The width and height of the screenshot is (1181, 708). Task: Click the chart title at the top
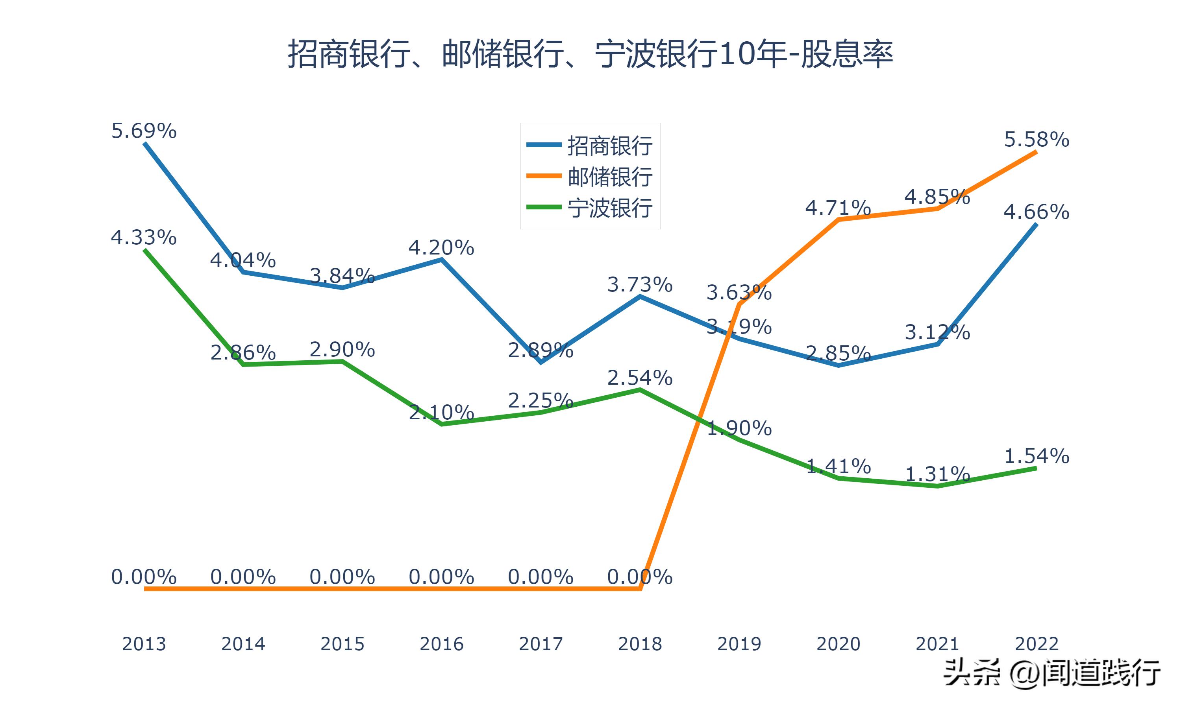point(590,54)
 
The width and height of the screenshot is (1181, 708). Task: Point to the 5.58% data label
point(1037,140)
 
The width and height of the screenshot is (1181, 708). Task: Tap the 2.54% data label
point(640,378)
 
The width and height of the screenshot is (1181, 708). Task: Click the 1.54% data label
point(1037,457)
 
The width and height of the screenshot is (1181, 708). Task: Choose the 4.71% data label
point(838,208)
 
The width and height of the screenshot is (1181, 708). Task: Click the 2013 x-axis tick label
point(144,644)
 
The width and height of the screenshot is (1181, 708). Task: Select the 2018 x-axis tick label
point(640,644)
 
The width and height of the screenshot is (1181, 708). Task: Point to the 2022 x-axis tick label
point(1037,644)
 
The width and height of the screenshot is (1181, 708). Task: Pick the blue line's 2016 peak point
point(442,260)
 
